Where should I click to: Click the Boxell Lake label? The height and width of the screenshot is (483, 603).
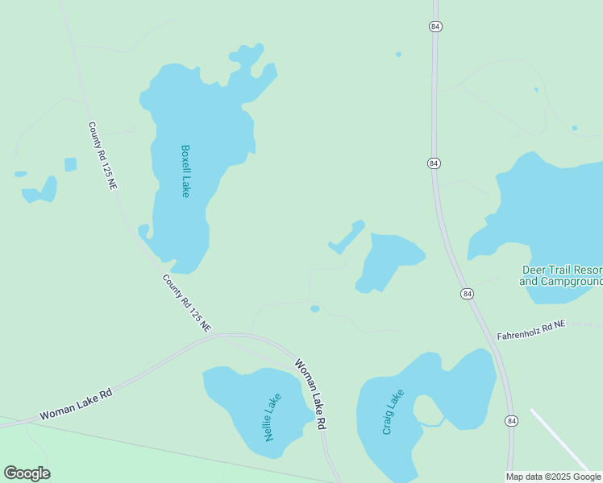click(185, 171)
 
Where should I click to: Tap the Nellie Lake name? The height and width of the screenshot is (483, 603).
click(272, 417)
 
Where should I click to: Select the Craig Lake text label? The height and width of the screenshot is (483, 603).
click(393, 412)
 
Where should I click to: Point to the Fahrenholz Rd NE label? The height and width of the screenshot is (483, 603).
click(531, 328)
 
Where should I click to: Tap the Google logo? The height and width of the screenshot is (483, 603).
click(27, 473)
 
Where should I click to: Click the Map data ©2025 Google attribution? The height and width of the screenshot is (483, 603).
click(554, 477)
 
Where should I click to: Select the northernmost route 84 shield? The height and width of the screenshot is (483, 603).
click(435, 27)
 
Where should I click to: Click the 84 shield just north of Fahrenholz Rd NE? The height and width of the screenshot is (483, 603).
click(467, 294)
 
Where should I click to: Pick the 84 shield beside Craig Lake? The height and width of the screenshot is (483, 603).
click(511, 420)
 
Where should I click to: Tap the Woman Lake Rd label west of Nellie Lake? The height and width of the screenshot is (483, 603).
click(76, 405)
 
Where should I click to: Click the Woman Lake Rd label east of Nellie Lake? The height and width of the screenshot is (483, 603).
click(310, 393)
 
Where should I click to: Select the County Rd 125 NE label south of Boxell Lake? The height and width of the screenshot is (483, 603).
click(187, 303)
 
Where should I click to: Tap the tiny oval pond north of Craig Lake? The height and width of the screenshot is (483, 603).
click(315, 308)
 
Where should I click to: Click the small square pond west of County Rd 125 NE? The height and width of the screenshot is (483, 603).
click(70, 164)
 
